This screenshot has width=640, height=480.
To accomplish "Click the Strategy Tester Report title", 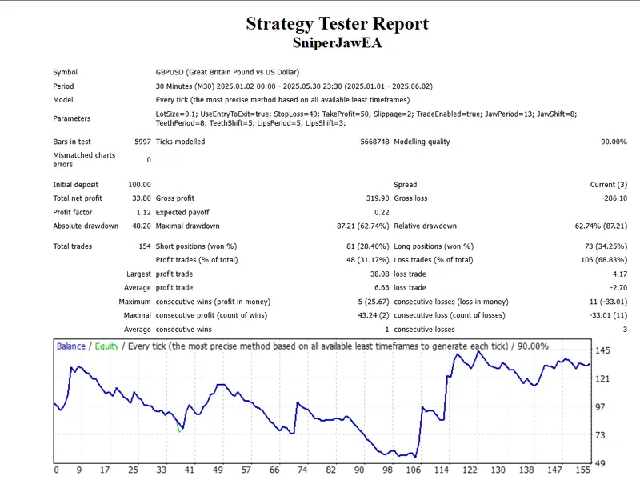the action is click(x=337, y=24).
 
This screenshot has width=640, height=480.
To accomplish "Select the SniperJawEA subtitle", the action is click(x=337, y=43).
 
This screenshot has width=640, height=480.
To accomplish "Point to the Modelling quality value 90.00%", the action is click(x=614, y=142).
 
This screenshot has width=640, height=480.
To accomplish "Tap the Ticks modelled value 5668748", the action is click(x=374, y=142).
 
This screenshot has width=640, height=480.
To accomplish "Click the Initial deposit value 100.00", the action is click(x=139, y=185).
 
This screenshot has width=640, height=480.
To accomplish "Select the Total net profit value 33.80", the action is click(x=142, y=198).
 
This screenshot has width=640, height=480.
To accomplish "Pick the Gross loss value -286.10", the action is click(x=614, y=198).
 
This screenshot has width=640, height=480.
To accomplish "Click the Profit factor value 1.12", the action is click(x=144, y=212).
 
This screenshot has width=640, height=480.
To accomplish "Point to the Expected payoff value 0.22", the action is click(x=382, y=212).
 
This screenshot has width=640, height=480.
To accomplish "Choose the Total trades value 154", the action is click(x=145, y=246).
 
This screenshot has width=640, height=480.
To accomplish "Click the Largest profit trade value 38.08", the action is click(x=379, y=274).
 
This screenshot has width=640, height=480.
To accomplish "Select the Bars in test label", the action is click(x=72, y=142).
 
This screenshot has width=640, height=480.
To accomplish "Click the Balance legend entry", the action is click(x=71, y=346).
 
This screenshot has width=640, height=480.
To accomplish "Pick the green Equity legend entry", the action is click(x=106, y=346).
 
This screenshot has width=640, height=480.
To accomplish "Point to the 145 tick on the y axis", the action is click(x=602, y=350).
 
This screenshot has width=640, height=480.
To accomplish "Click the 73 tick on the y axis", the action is click(x=600, y=435).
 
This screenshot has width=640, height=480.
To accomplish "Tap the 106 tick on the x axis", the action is click(x=414, y=470).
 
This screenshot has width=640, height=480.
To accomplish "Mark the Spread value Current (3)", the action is click(x=609, y=185).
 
